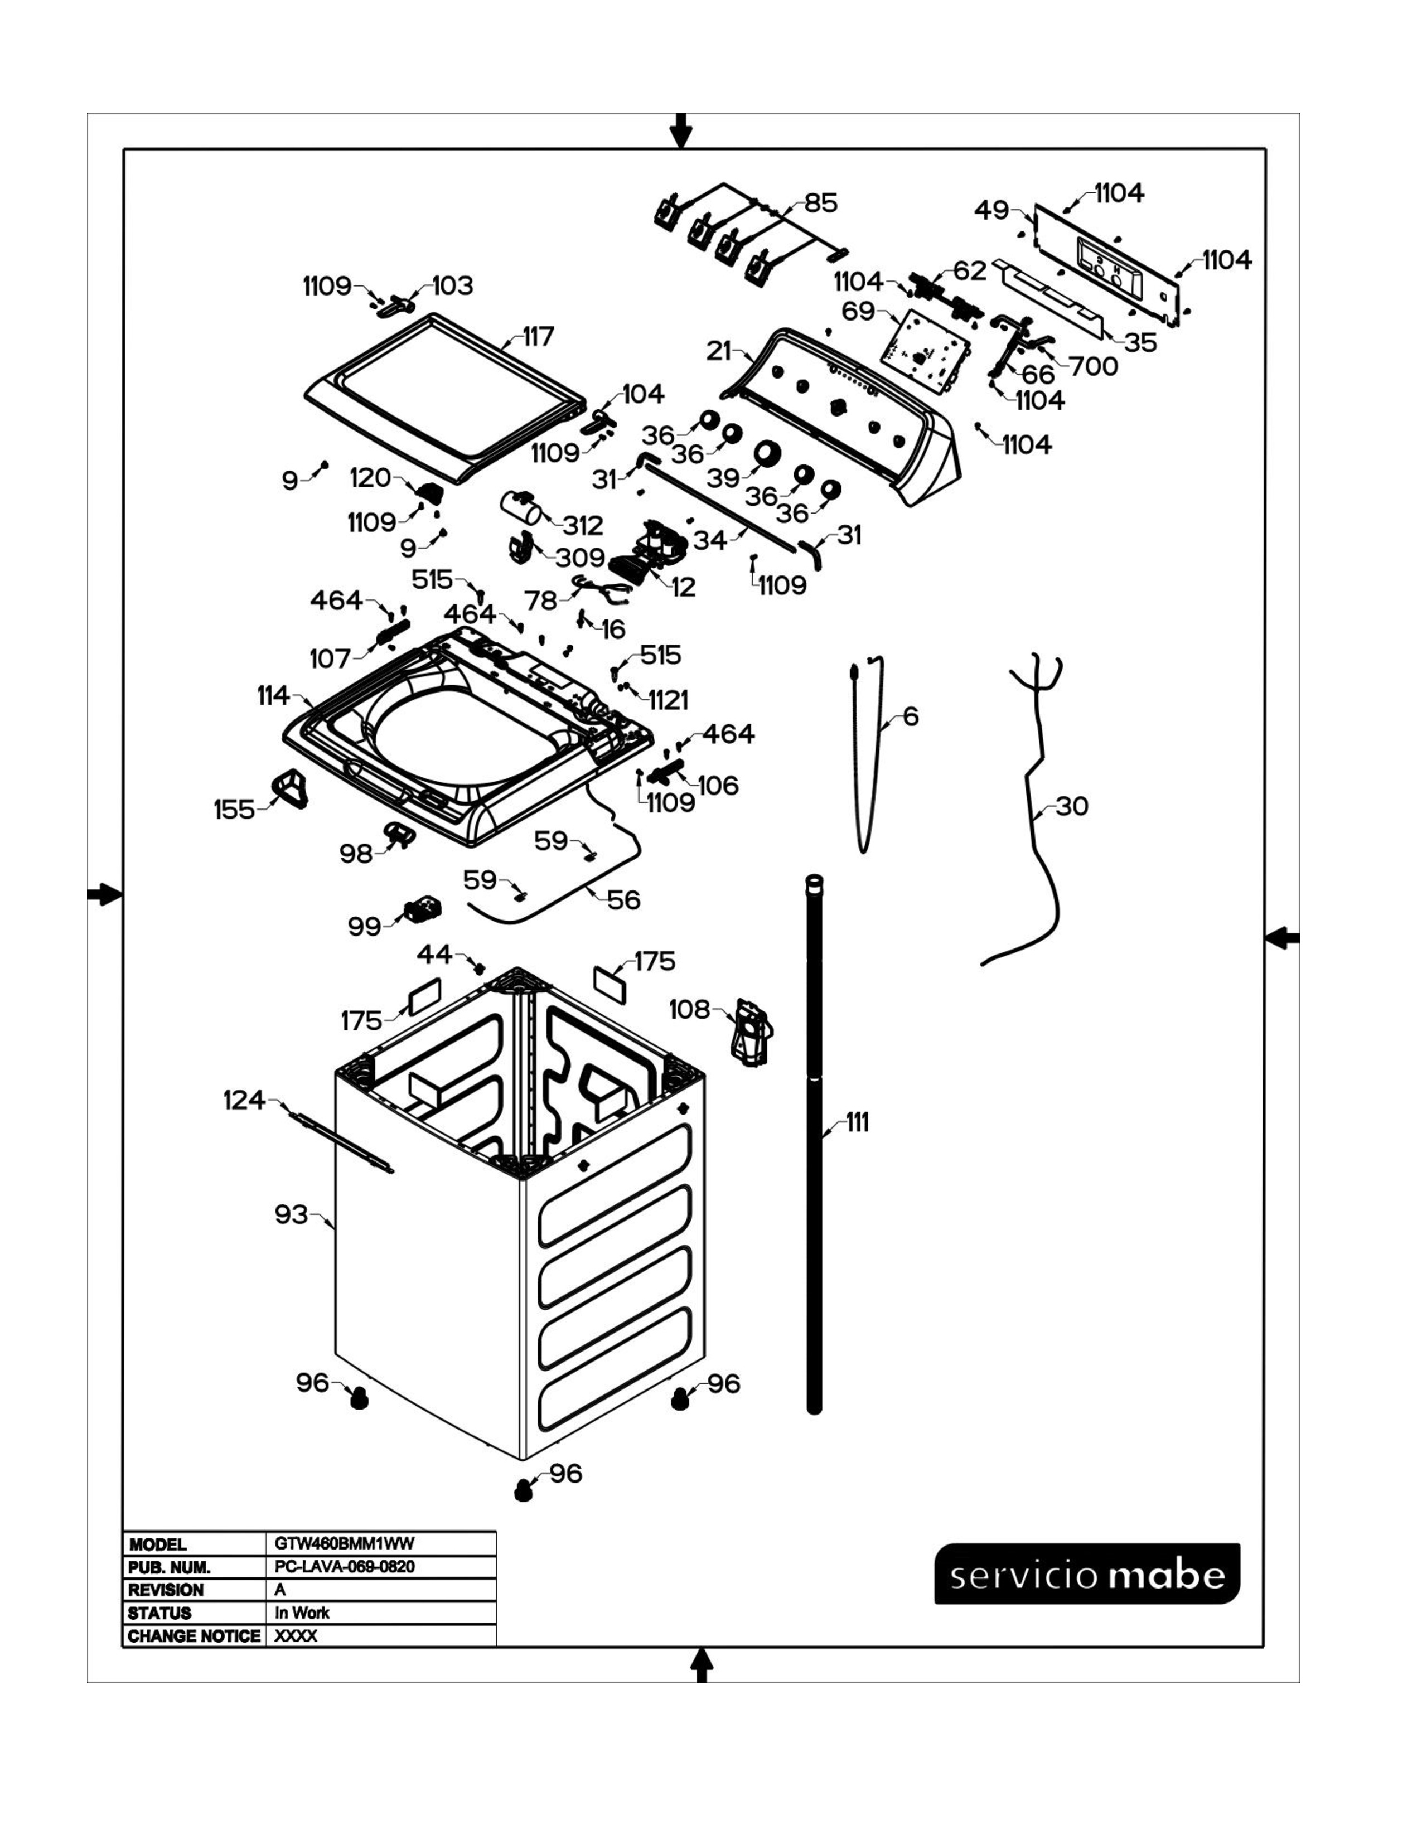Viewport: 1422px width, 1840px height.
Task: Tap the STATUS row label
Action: [159, 1613]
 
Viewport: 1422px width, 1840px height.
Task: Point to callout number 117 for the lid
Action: [538, 337]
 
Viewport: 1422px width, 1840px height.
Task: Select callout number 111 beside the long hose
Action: [857, 1122]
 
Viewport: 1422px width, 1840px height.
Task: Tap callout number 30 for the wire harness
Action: [1072, 806]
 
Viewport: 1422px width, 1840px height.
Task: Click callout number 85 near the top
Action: [820, 203]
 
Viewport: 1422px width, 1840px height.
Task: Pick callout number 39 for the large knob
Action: [723, 478]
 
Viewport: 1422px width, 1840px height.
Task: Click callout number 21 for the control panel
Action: [719, 351]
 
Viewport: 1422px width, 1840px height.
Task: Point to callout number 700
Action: [1094, 366]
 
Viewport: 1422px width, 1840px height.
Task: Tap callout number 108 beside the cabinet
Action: [689, 1009]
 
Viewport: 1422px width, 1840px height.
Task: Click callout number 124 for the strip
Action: [244, 1100]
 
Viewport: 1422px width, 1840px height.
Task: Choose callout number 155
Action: [234, 810]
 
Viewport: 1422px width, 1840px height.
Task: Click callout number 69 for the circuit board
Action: [858, 311]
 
